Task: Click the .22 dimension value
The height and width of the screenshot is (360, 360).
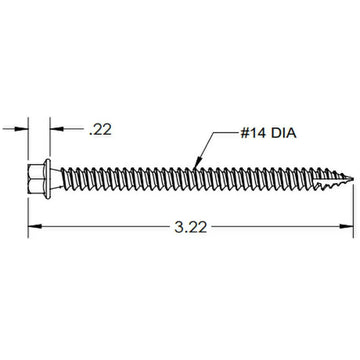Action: coord(100,129)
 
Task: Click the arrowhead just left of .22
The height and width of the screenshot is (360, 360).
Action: coord(53,129)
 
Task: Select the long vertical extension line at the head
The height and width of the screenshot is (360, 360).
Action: coord(27,200)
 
